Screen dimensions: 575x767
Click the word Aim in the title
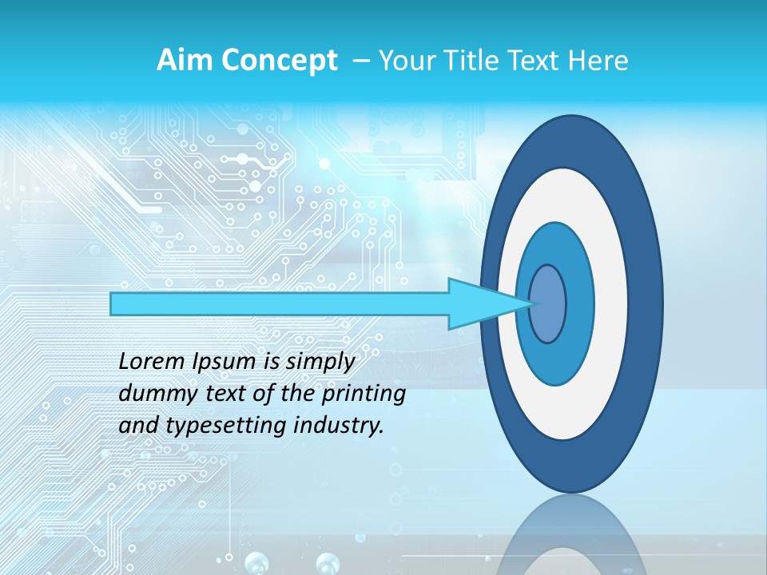185,61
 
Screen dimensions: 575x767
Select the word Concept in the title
278,61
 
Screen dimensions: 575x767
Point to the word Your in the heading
405,61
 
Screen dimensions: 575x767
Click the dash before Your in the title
360,61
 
